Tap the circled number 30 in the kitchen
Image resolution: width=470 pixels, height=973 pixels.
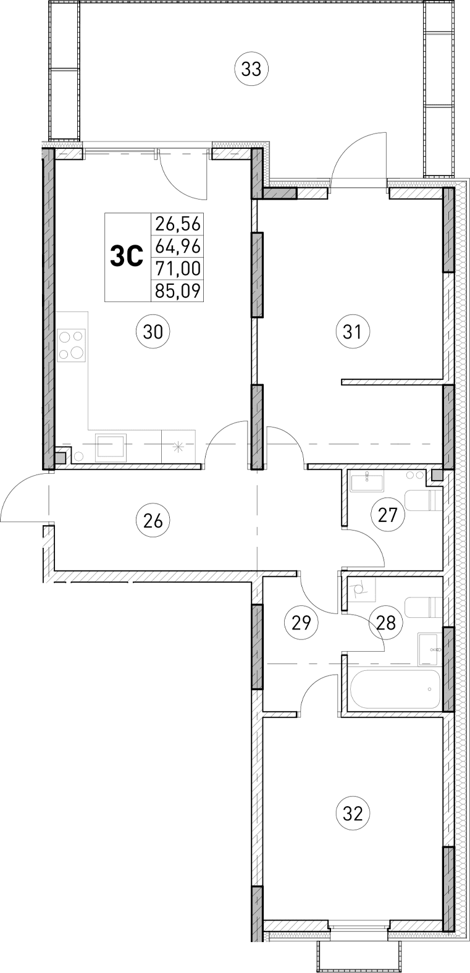(153, 332)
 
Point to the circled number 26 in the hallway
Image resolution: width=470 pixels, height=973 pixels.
(153, 520)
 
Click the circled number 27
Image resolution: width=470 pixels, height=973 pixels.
(387, 513)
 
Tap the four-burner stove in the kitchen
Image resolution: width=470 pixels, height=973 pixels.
(72, 346)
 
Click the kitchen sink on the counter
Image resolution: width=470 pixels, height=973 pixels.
(111, 446)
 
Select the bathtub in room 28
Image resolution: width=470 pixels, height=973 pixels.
(394, 690)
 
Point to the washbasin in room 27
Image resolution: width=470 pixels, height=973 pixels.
(367, 481)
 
